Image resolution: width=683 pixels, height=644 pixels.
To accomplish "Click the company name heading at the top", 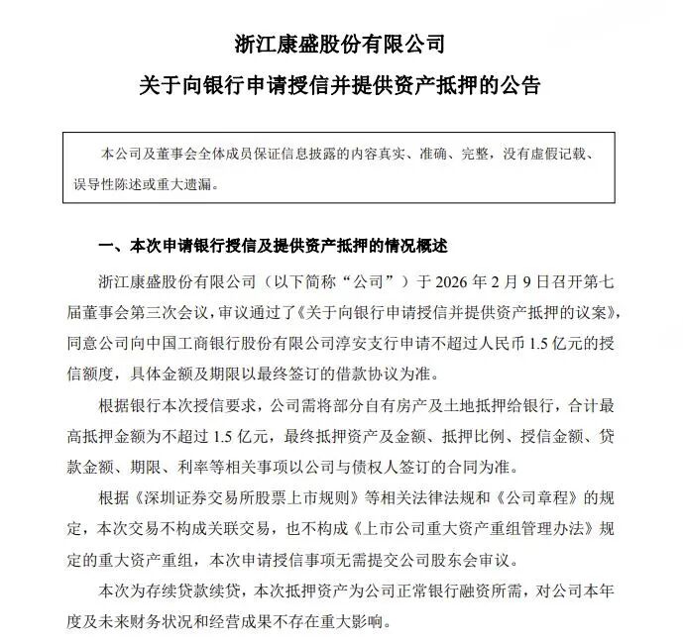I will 341,44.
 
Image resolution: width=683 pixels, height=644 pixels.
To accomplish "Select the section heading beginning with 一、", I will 275,245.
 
